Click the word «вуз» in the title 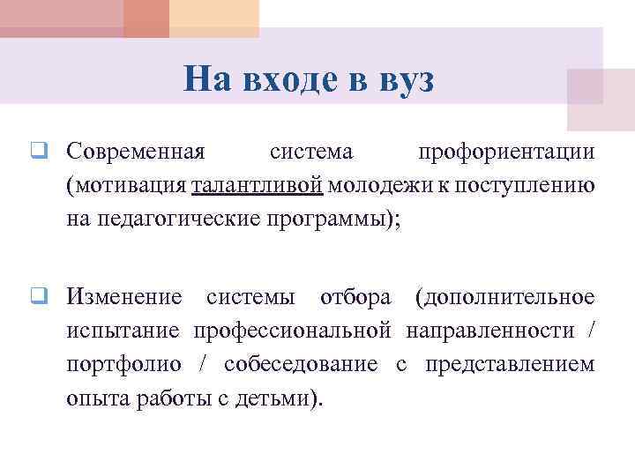[404, 80]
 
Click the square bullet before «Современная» [39, 152]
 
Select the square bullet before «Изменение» [39, 296]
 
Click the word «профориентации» [505, 152]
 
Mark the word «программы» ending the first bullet [334, 218]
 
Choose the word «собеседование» [304, 363]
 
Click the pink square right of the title [595, 100]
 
